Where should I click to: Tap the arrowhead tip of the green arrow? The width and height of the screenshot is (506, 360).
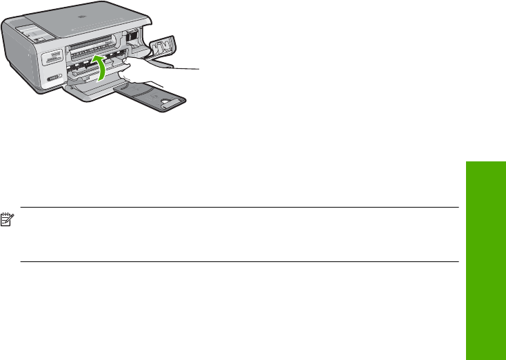pyautogui.click(x=94, y=57)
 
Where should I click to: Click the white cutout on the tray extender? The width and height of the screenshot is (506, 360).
pyautogui.click(x=168, y=101)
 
